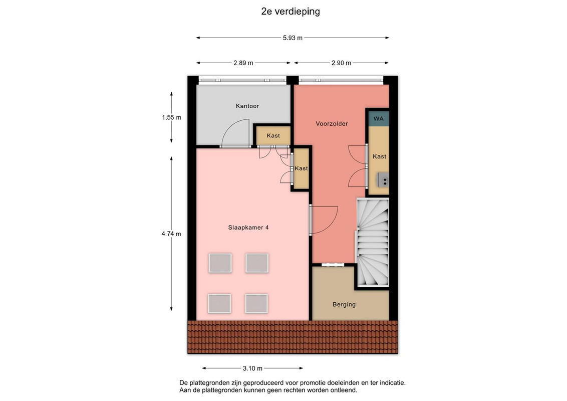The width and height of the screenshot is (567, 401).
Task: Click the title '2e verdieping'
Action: click(x=291, y=12)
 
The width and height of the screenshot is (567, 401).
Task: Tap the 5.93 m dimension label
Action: click(x=293, y=38)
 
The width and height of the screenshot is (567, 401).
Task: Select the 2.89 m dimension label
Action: click(x=243, y=63)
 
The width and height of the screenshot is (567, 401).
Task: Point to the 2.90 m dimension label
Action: click(x=341, y=63)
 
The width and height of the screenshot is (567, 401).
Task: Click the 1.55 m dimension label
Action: click(x=171, y=118)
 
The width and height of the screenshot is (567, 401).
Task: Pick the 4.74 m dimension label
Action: click(x=171, y=234)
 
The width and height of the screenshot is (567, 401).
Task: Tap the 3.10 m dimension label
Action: click(x=252, y=368)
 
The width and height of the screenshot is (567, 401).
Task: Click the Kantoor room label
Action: click(x=247, y=106)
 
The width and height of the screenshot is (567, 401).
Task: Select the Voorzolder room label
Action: click(x=332, y=124)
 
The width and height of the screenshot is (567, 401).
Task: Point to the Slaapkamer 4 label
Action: click(x=248, y=228)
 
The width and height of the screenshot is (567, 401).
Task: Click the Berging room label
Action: click(x=344, y=305)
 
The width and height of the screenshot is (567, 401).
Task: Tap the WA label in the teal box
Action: click(x=378, y=119)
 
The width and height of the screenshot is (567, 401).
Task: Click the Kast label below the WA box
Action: click(x=379, y=156)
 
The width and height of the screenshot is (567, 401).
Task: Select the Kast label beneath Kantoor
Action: click(x=273, y=136)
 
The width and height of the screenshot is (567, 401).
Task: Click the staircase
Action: click(x=373, y=242)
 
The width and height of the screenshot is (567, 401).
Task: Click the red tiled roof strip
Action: click(x=293, y=337)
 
